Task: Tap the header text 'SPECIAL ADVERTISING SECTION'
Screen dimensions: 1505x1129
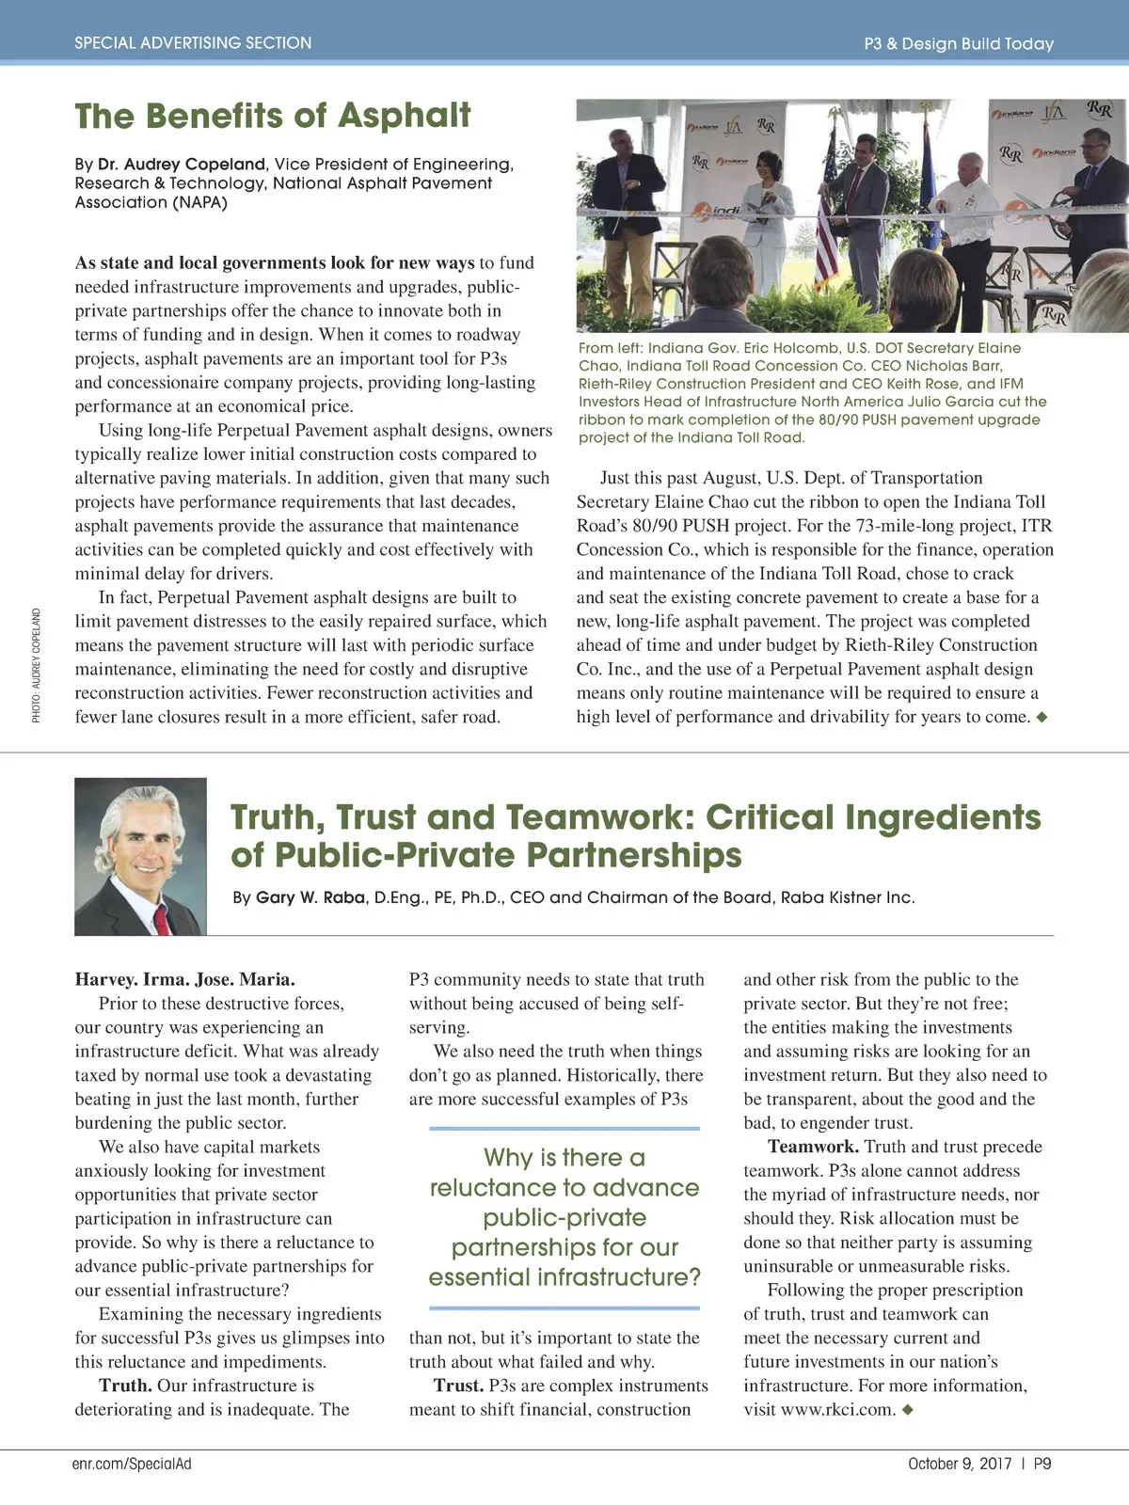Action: point(193,42)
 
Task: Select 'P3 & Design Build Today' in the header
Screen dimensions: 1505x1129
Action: point(958,43)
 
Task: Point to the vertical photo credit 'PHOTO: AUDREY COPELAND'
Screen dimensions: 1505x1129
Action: point(37,665)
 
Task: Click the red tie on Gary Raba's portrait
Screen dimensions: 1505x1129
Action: point(161,915)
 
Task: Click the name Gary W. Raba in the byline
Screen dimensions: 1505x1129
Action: point(310,897)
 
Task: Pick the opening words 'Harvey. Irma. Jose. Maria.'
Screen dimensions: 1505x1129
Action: point(184,979)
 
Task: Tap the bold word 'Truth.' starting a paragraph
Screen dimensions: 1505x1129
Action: point(125,1386)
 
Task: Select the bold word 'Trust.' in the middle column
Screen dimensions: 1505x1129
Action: point(458,1386)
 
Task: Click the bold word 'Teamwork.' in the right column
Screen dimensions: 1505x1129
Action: point(813,1147)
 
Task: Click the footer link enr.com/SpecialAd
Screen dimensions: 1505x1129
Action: point(132,1464)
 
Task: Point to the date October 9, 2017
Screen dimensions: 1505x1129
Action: point(960,1464)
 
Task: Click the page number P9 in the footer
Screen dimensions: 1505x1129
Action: point(1042,1464)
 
